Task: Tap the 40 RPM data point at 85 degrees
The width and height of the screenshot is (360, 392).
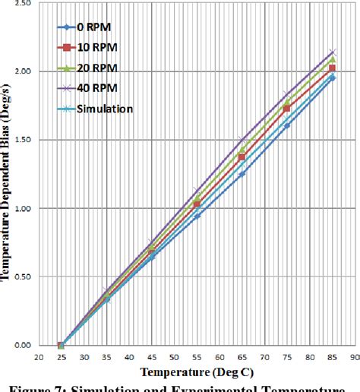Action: point(331,52)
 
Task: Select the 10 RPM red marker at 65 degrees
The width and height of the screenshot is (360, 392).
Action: point(242,157)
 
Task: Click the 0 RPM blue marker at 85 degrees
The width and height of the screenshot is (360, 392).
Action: point(331,78)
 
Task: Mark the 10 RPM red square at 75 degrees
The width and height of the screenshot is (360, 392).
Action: point(286,109)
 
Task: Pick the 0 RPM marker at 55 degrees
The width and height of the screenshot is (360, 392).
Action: point(197,216)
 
